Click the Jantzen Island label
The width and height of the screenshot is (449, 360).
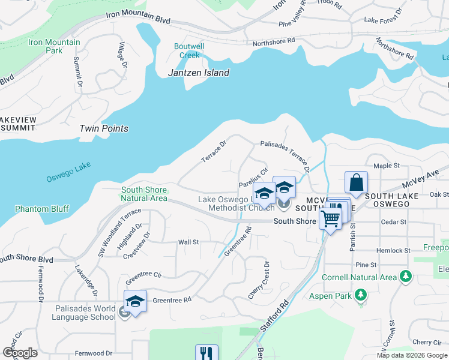click(x=198, y=73)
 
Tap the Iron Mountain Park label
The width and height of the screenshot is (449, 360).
click(x=54, y=46)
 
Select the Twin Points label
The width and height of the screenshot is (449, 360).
click(x=104, y=128)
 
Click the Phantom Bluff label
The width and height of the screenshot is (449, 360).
click(x=42, y=209)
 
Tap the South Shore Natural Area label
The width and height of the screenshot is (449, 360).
click(x=144, y=194)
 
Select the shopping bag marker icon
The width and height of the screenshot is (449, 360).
click(x=357, y=182)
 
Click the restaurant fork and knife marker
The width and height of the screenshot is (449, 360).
click(x=206, y=353)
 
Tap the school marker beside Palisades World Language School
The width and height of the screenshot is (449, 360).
click(x=136, y=301)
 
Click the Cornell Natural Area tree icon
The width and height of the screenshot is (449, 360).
click(x=406, y=276)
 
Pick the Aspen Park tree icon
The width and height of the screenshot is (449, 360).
click(x=360, y=295)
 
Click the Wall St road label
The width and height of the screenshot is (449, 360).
click(x=188, y=242)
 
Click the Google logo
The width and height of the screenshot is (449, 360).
click(x=20, y=353)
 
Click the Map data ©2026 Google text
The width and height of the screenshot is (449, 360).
click(x=412, y=355)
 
